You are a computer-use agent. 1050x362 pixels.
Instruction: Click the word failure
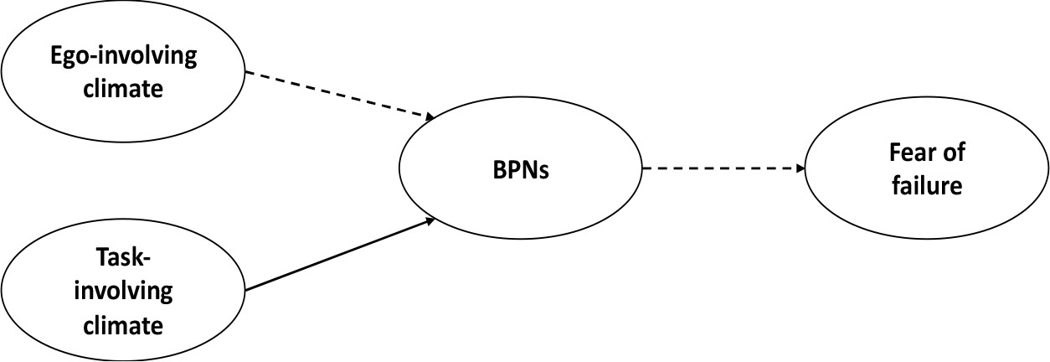pos(927,186)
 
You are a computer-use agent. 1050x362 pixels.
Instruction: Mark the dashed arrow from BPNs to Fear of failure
pos(720,168)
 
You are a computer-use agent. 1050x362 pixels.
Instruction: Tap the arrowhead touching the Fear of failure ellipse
pos(800,168)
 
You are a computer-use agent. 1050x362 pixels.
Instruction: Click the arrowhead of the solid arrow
pos(430,220)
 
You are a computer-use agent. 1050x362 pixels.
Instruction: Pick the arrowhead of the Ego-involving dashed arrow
pos(430,118)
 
